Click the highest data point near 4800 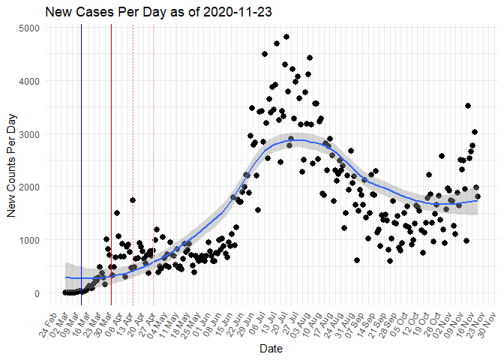tap(286, 37)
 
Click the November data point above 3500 tap(468, 106)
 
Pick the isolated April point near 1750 tap(133, 200)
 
